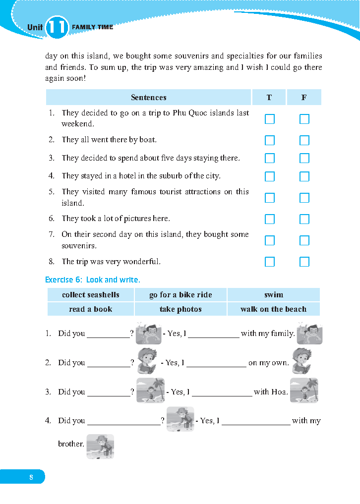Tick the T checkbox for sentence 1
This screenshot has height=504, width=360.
click(x=270, y=119)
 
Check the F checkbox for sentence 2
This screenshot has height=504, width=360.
click(x=304, y=140)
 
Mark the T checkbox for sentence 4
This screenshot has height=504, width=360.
click(x=270, y=176)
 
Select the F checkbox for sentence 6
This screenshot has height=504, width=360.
click(x=304, y=219)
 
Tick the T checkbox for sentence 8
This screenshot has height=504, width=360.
click(x=270, y=262)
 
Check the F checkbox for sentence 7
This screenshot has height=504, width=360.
click(x=304, y=240)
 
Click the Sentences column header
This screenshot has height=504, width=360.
click(x=149, y=98)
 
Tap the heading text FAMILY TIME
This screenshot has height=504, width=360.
click(x=93, y=27)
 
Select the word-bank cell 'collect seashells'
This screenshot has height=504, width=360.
click(x=91, y=295)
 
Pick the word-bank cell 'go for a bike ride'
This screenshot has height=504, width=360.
click(x=180, y=295)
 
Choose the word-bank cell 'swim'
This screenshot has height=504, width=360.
click(x=274, y=295)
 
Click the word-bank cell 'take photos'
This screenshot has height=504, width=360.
click(x=180, y=309)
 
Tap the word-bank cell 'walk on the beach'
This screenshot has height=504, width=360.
click(x=274, y=309)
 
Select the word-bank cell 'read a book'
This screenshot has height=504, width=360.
click(x=91, y=309)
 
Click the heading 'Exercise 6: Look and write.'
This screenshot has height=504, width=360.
click(x=93, y=280)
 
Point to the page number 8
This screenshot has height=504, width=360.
click(x=31, y=477)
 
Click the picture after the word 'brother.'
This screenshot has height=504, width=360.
click(x=100, y=446)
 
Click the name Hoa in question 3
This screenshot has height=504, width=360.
click(x=279, y=392)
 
